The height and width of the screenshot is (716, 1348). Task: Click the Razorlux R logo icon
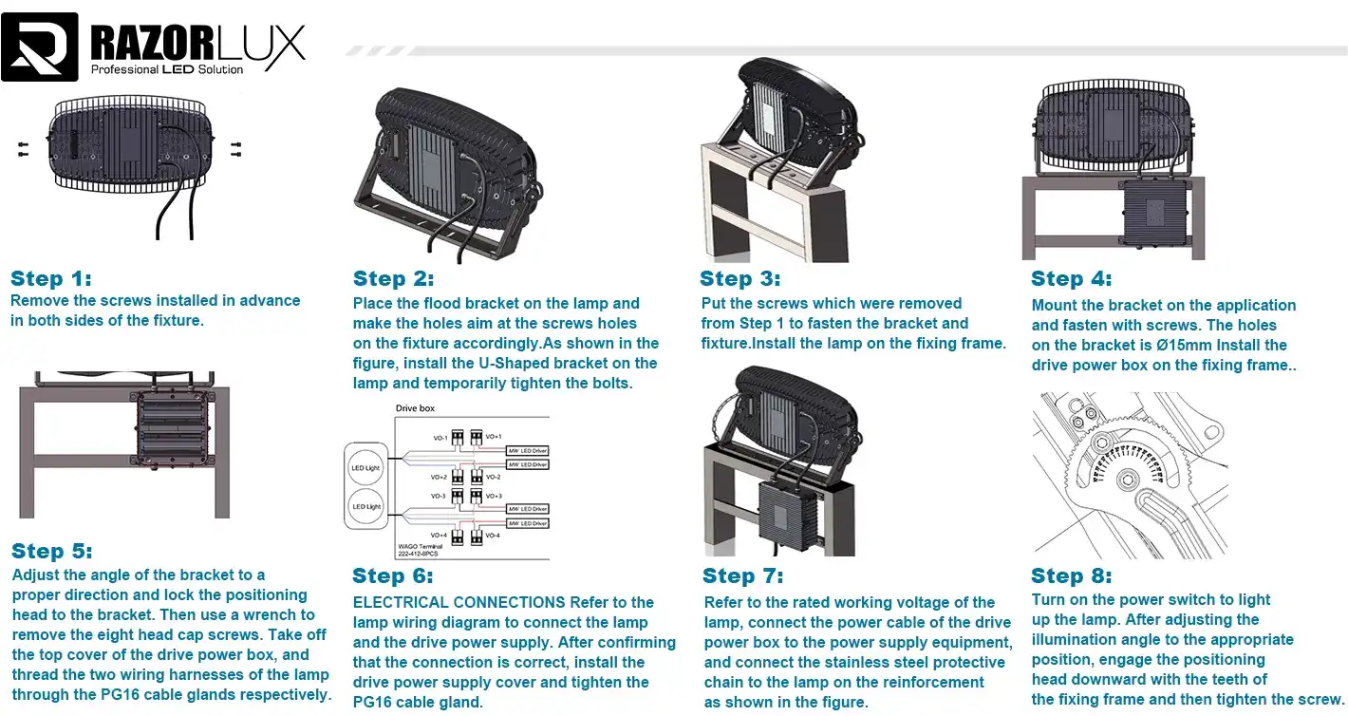click(40, 47)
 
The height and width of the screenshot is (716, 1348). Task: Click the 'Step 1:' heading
click(51, 278)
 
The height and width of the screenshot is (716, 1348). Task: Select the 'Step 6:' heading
click(393, 575)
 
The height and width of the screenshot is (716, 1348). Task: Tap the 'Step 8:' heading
click(1072, 575)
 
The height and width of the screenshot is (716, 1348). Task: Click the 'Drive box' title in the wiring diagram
click(415, 408)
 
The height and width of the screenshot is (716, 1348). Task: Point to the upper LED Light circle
click(365, 468)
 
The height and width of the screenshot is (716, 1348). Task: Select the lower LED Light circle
click(365, 506)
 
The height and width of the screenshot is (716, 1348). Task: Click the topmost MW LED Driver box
click(527, 450)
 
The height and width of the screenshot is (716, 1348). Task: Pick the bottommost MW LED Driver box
click(527, 523)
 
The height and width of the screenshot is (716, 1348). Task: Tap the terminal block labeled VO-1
click(458, 438)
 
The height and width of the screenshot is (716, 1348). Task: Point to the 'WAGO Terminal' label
click(419, 546)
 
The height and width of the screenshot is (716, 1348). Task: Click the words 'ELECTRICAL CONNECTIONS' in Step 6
click(459, 602)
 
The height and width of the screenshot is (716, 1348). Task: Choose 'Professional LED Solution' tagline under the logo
click(167, 69)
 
